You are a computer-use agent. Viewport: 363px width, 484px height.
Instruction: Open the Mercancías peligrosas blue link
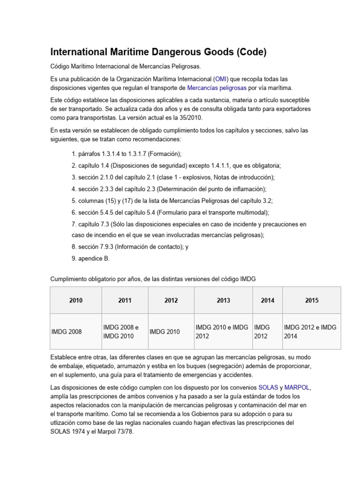tap(217, 87)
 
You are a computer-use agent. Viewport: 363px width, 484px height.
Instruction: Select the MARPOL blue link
tap(297, 387)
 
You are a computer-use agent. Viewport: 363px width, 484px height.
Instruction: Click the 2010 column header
tap(76, 300)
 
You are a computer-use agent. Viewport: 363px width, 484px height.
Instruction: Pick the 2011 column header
tap(125, 300)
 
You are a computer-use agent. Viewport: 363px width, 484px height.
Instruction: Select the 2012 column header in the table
tap(171, 300)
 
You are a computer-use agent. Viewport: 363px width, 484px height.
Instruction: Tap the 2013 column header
tap(224, 300)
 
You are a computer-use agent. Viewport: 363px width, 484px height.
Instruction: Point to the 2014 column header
tap(267, 300)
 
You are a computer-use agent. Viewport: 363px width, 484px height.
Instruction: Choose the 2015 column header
tap(311, 300)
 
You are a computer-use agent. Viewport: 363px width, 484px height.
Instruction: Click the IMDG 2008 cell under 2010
tap(67, 331)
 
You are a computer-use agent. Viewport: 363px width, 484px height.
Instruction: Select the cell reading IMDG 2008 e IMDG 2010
tap(121, 331)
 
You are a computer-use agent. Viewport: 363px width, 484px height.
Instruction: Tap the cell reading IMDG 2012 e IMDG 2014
tap(310, 331)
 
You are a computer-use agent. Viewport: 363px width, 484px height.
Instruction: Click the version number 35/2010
tap(193, 117)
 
